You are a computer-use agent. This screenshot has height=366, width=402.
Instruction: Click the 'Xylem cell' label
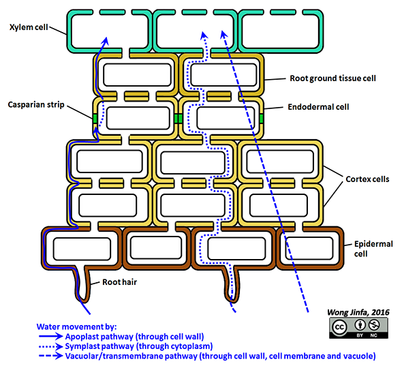[29, 27]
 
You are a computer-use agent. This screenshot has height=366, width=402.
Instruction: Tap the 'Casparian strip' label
[36, 105]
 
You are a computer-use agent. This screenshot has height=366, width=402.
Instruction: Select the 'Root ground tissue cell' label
[333, 78]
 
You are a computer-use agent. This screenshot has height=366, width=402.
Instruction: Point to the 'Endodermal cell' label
[318, 107]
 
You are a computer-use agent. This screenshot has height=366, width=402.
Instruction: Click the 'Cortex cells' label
[367, 179]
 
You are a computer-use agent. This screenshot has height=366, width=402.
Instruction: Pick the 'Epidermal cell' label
[373, 249]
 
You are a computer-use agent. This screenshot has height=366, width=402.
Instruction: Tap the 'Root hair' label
[119, 282]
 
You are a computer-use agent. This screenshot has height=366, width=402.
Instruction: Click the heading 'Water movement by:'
[76, 326]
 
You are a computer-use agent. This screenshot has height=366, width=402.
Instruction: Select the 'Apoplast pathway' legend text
[99, 337]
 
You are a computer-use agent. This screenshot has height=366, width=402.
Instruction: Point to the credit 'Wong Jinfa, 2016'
[358, 312]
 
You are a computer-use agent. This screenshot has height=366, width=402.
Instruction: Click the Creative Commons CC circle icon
[339, 327]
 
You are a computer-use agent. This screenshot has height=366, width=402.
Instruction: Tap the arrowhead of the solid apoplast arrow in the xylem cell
[106, 40]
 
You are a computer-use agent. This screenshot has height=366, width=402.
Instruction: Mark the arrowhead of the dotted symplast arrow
[204, 35]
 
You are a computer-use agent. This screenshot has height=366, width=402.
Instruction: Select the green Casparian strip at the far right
[261, 119]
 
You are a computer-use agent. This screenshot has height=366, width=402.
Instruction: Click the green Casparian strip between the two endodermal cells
[179, 119]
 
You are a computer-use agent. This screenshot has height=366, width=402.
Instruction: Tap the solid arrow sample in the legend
[51, 336]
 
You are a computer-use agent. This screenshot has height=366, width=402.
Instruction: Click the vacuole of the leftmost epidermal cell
[82, 249]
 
